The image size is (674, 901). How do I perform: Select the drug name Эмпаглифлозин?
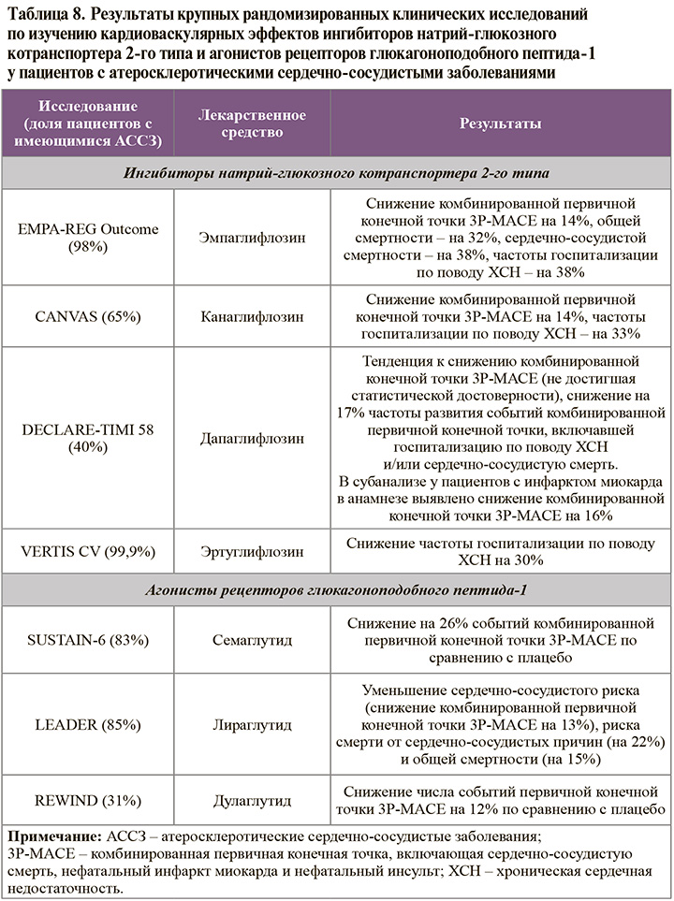click(x=253, y=239)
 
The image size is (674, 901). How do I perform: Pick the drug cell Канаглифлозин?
click(x=253, y=317)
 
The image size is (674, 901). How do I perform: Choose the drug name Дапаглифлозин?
click(x=253, y=437)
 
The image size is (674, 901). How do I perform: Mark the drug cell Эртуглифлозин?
click(x=253, y=551)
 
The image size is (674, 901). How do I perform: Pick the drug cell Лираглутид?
click(x=253, y=725)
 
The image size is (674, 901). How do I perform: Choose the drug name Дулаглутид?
click(x=253, y=801)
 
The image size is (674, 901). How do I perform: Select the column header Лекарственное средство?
click(x=253, y=124)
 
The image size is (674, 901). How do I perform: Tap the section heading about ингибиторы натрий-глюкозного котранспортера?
click(x=336, y=173)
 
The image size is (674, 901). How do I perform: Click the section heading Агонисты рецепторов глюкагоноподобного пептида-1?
click(x=336, y=591)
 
